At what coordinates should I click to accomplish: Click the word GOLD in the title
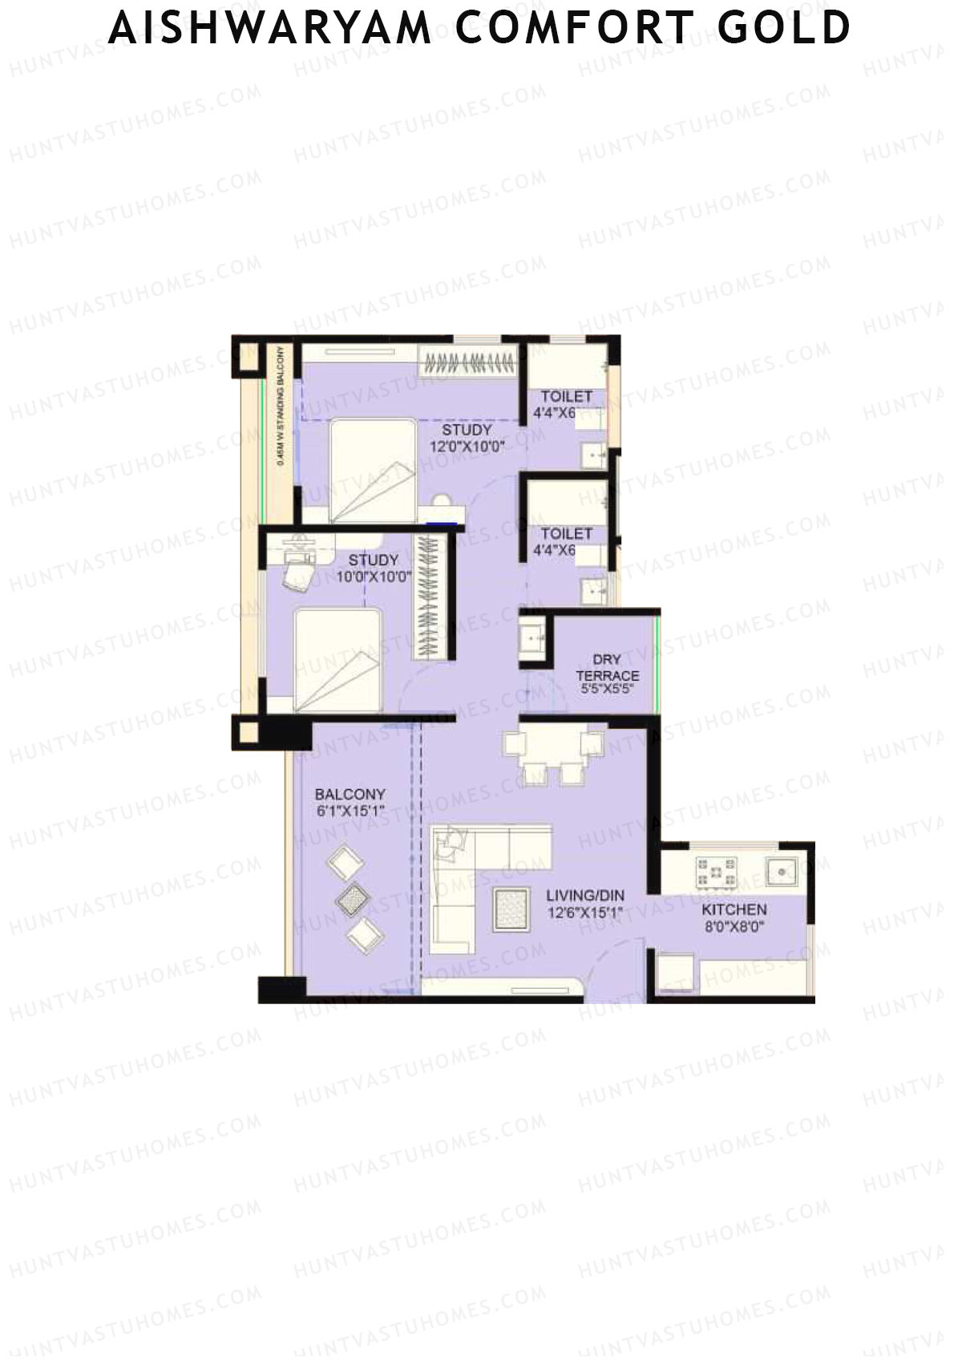coord(783,29)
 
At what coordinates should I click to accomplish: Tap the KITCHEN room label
coord(734,909)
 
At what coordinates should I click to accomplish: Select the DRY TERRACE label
coord(607,667)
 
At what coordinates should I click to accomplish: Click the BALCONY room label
coord(350,794)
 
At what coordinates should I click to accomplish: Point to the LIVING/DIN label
coord(585,896)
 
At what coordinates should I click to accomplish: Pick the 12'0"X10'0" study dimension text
coord(467,447)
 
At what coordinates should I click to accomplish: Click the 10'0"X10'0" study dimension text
coord(373,576)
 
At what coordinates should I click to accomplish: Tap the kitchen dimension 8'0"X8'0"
coord(734,927)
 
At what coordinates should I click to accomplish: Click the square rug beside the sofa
coord(511,911)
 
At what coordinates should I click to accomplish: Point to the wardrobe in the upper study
coord(468,363)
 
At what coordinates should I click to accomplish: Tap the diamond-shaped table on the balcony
coord(351,900)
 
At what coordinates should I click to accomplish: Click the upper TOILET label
coord(566,396)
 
